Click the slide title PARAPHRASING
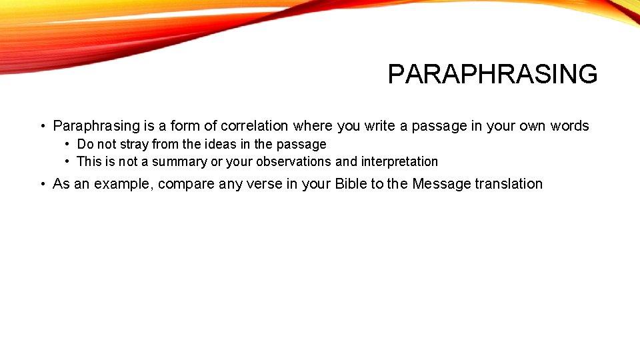point(492,74)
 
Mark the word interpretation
point(399,161)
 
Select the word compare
point(186,184)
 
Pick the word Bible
point(351,184)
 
